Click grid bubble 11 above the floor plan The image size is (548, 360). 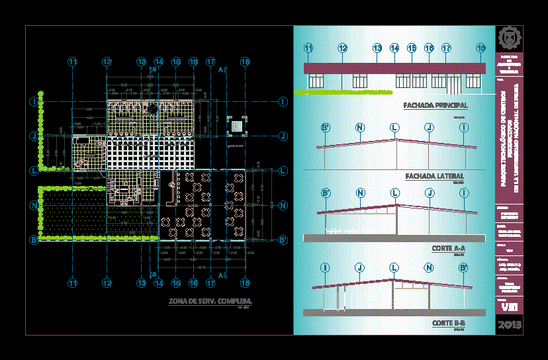[x=73, y=62]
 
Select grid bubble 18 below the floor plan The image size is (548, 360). [x=245, y=283]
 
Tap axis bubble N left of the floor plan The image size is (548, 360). [x=33, y=205]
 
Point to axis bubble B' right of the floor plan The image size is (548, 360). [x=283, y=240]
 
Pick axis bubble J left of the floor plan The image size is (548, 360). [x=33, y=136]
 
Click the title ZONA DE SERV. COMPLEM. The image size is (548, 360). [x=210, y=302]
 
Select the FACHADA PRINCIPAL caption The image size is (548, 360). [x=435, y=105]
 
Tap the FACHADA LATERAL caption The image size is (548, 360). [x=434, y=177]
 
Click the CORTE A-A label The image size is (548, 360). [x=449, y=249]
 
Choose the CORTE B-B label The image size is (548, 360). [x=449, y=322]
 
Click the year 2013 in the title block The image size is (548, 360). [x=509, y=325]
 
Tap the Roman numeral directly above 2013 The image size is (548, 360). [x=509, y=307]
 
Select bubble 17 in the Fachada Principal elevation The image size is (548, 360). [x=446, y=48]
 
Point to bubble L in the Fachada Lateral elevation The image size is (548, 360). [x=394, y=127]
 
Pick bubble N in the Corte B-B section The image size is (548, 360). [x=429, y=267]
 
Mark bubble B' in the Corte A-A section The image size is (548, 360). [x=326, y=193]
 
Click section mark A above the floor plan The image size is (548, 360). [x=219, y=69]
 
